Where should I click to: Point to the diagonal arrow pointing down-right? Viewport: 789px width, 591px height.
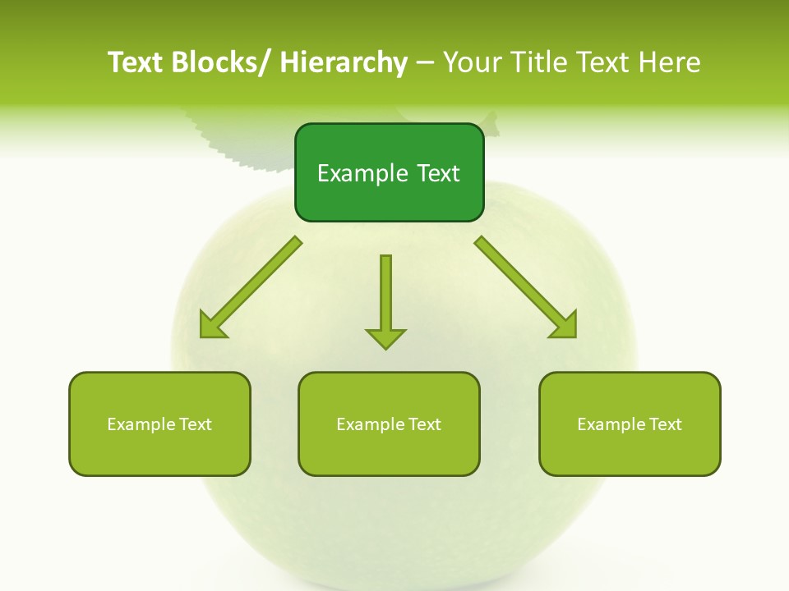526,287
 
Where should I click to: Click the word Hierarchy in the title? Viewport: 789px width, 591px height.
344,62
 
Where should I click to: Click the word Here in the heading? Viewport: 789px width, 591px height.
671,62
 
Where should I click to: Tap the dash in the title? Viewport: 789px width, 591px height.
425,63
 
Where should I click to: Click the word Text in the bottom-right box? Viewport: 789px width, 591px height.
664,424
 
